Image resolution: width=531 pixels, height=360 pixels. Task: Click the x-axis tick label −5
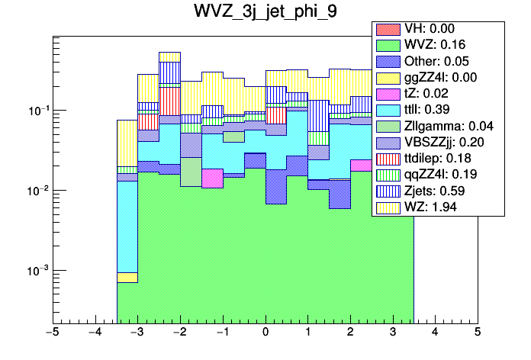point(53,333)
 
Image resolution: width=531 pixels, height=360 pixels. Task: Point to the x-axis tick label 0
point(265,333)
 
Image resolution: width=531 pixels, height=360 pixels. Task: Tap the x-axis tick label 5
point(477,333)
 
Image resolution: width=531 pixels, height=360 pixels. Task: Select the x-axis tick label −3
point(137,333)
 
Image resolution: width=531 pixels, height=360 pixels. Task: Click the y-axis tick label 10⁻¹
point(35,111)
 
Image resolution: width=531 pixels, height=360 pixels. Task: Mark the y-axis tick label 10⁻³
point(35,271)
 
